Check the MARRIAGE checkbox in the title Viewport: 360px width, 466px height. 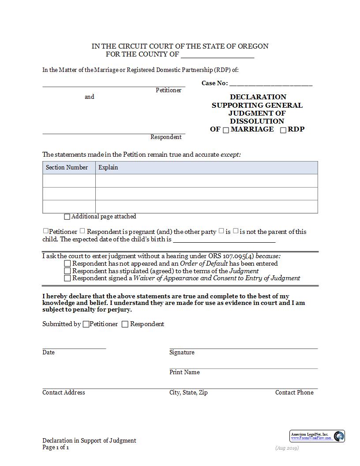pos(226,130)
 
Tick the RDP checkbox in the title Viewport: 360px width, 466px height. pos(283,130)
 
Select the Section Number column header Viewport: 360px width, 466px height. pos(67,168)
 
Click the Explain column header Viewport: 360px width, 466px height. pos(108,168)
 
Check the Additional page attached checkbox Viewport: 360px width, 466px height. pos(67,217)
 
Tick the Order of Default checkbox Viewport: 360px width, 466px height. pos(67,264)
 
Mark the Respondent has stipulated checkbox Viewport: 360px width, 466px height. pos(67,271)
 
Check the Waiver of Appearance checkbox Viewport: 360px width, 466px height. pos(67,278)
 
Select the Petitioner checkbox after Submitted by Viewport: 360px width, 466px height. pos(86,324)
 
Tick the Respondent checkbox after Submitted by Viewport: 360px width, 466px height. pos(125,324)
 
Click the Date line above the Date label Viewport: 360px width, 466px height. pos(74,348)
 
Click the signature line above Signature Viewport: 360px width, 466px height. pos(243,348)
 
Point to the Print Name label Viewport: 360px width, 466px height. pos(184,372)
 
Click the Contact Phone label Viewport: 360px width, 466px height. pos(294,393)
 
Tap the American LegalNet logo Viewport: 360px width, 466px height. pos(317,436)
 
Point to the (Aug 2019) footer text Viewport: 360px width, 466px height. pos(287,448)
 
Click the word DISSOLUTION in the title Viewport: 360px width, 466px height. pos(257,121)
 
